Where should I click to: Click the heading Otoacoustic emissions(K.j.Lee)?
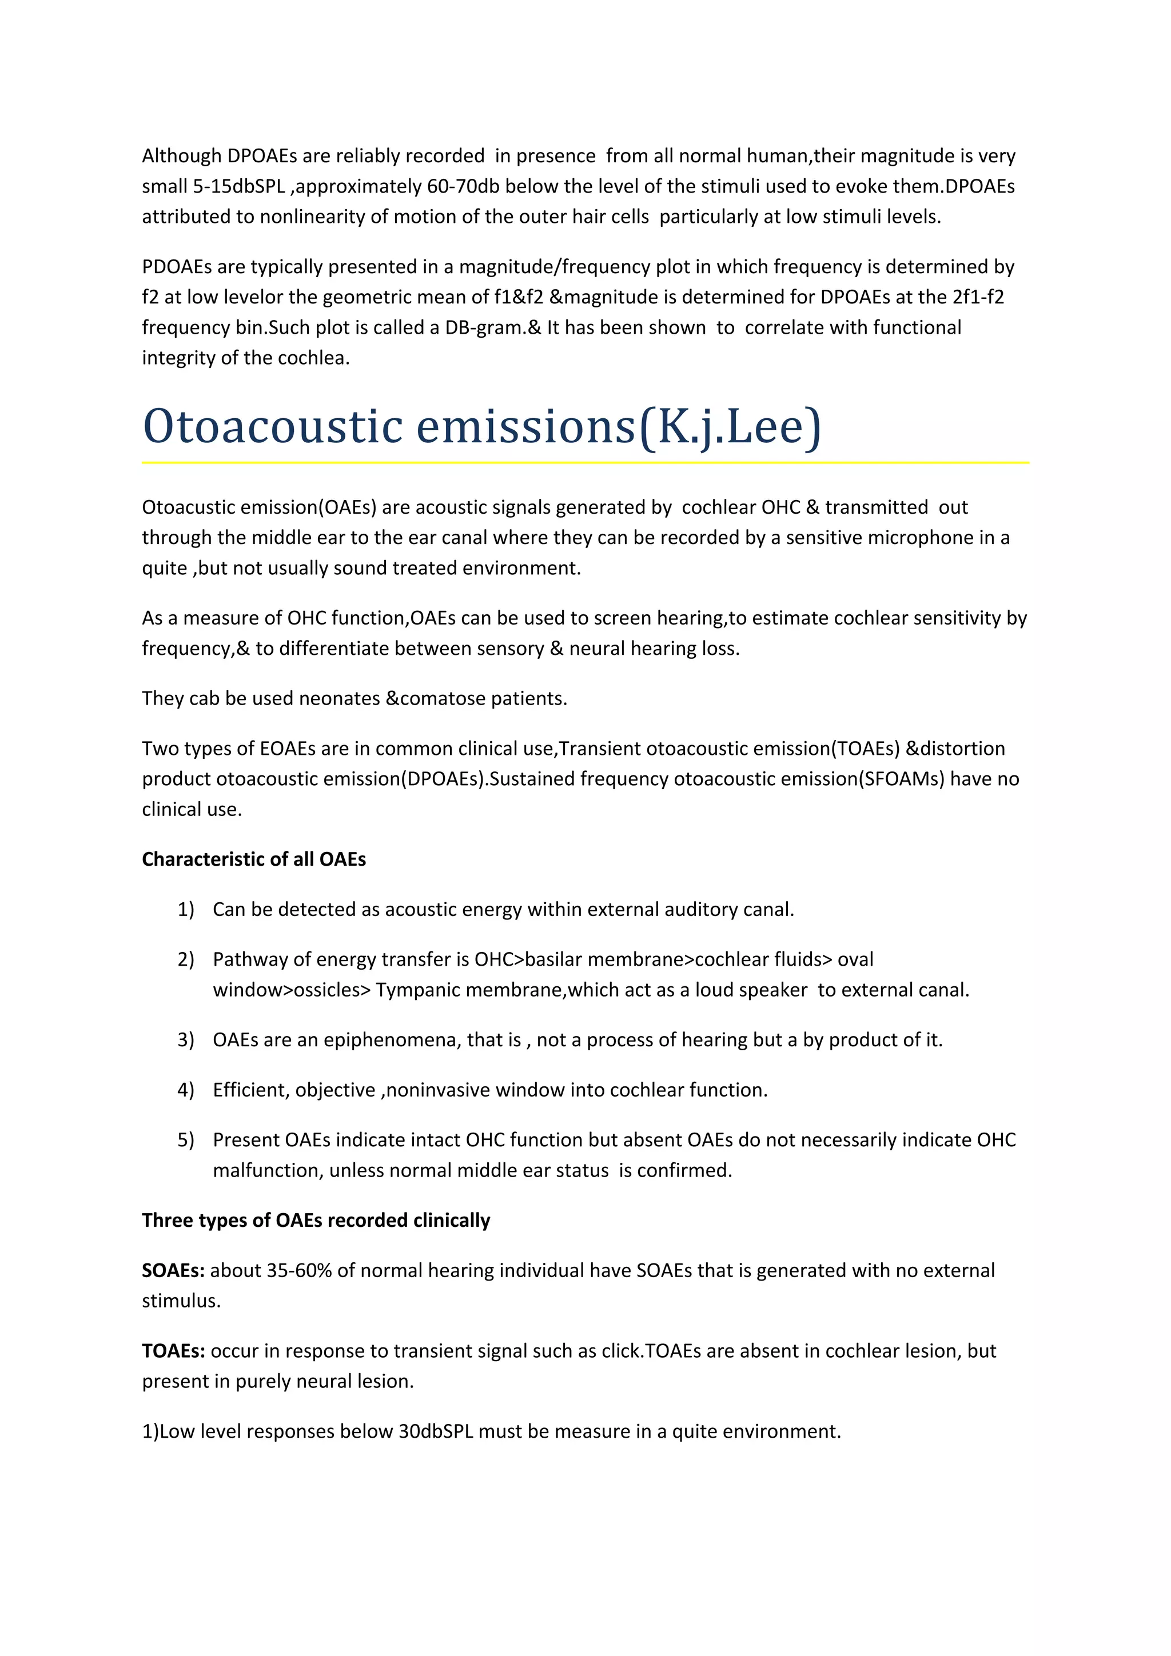coord(481,426)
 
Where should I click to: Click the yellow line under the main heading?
coord(584,462)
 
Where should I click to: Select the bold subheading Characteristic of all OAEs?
coord(253,859)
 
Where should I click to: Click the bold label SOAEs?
coord(173,1270)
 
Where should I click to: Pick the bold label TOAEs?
coord(173,1350)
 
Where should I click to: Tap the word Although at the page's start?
coord(181,156)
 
